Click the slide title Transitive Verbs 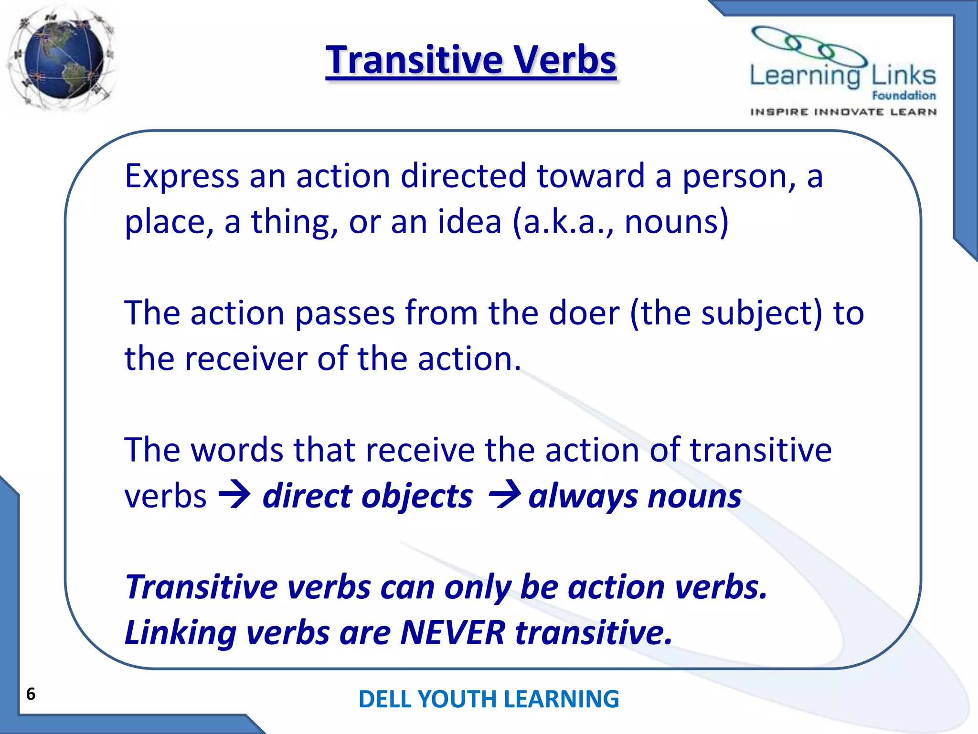(x=471, y=61)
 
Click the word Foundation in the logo (x=904, y=96)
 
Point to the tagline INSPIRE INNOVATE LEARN (x=843, y=112)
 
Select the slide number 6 (x=31, y=694)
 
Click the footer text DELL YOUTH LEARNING (x=489, y=699)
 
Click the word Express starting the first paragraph (x=181, y=177)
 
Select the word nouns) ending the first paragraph (x=676, y=222)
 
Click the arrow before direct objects (x=234, y=495)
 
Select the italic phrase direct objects (x=368, y=496)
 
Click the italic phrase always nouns (x=635, y=496)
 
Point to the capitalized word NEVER (x=453, y=633)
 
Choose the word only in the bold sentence (x=478, y=588)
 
